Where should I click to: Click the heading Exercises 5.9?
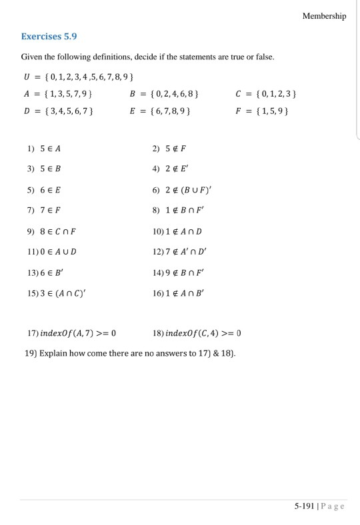coord(53,36)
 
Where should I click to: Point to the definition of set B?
coord(163,94)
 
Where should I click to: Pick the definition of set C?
coord(265,94)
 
